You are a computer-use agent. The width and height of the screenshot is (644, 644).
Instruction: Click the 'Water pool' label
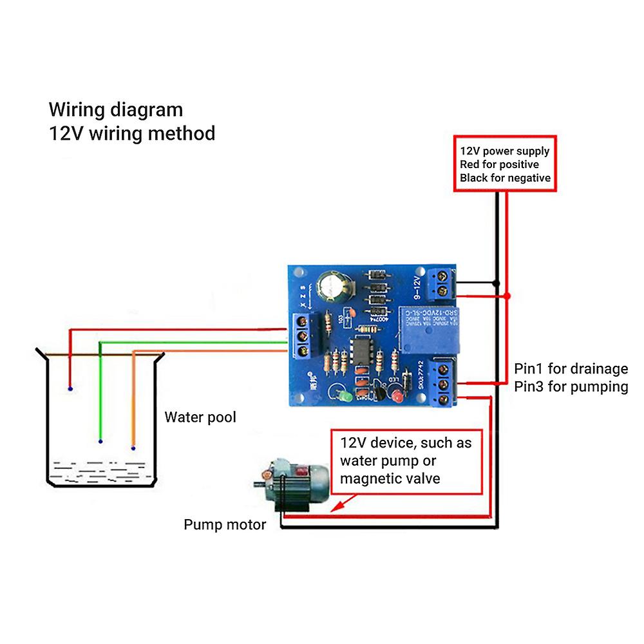pos(200,417)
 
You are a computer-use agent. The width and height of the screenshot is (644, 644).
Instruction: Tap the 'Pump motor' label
pos(225,525)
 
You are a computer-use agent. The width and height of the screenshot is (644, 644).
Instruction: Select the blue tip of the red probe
pos(70,390)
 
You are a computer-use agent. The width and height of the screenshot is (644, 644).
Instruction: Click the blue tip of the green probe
pos(100,442)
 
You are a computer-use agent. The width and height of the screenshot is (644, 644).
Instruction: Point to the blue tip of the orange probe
pos(133,448)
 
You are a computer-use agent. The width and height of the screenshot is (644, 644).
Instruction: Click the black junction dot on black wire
pos(496,283)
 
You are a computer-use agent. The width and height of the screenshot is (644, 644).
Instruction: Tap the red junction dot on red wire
pos(507,296)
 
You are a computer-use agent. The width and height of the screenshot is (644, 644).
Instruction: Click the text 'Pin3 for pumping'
pos(571,387)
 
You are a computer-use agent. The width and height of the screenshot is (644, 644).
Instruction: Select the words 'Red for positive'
pos(500,165)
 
